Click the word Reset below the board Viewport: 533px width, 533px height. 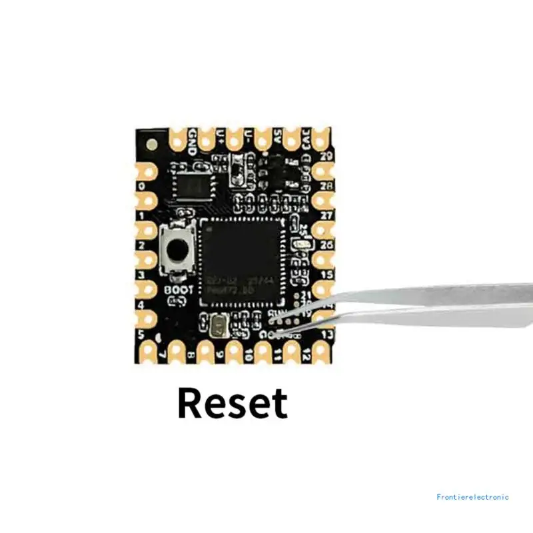tap(233, 403)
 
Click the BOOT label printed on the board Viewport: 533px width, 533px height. tap(179, 290)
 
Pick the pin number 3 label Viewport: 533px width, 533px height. tap(141, 274)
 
